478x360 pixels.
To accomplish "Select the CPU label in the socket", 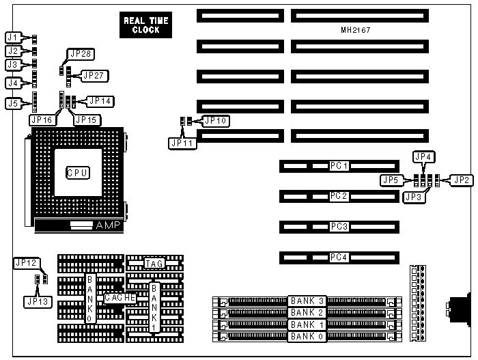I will (77, 172).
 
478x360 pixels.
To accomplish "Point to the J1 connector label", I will (13, 37).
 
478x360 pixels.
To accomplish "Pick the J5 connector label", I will (13, 104).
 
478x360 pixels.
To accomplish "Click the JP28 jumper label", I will (79, 55).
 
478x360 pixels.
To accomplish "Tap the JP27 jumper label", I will (94, 75).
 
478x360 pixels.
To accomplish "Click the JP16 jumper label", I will (42, 120).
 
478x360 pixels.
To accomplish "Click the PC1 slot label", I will (339, 166).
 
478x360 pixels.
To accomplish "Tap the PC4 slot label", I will (339, 258).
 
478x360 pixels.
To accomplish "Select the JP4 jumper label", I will (423, 156).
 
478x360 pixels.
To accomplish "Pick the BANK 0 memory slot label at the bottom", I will (307, 336).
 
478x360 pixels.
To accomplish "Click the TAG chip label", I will (154, 262).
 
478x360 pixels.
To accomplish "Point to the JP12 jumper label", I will (26, 262).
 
